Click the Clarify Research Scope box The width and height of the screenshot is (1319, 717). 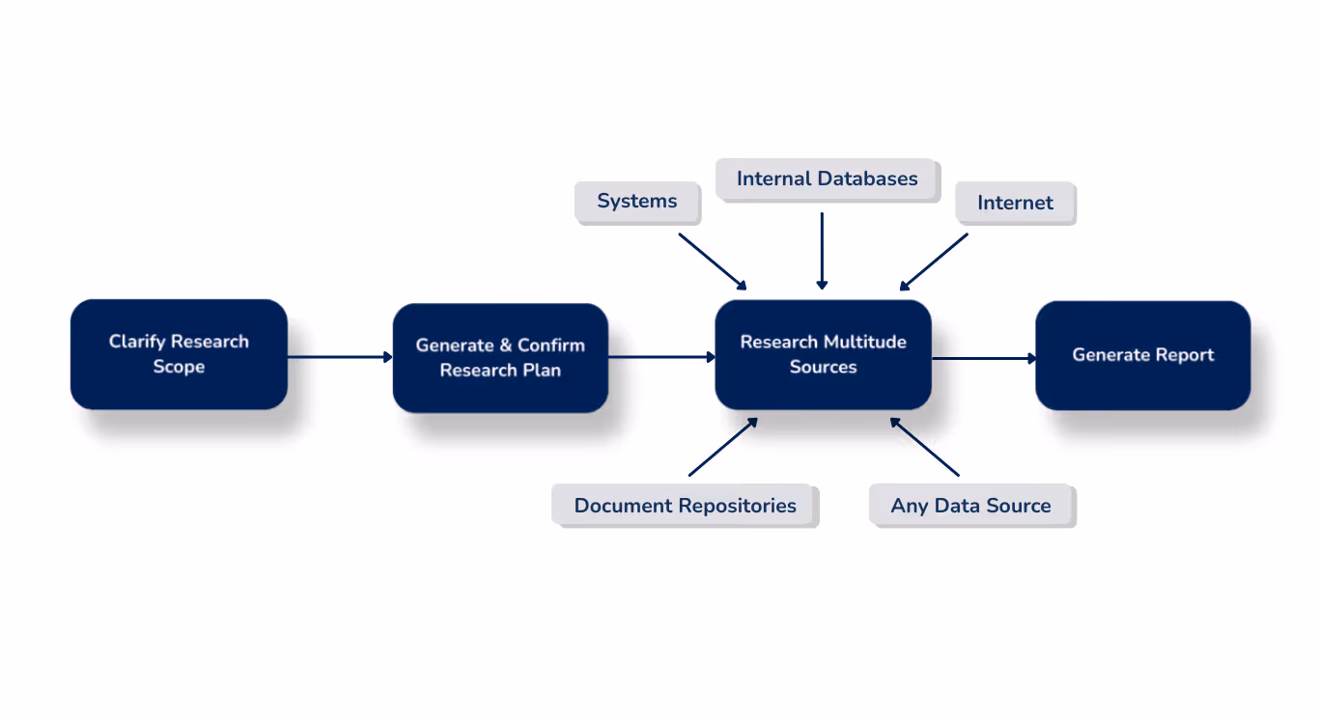coord(179,354)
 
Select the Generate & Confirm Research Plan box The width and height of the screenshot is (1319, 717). coord(500,358)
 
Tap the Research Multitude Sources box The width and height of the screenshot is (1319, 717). coord(823,354)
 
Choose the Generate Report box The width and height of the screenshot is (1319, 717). coord(1142,355)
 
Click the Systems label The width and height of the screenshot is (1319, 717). coord(637,202)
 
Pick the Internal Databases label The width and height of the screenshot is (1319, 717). coord(827,179)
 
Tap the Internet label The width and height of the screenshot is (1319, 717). coord(1015,203)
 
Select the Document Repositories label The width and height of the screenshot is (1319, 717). coord(685,506)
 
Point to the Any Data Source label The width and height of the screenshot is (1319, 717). coord(970,506)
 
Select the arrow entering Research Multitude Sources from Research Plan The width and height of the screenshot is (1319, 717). coord(661,357)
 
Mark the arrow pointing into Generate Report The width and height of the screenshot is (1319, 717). coord(983,358)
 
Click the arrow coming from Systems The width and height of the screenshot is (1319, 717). coord(713,261)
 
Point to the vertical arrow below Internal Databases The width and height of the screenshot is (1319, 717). coord(822,251)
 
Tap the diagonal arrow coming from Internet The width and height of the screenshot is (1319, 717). coord(934,261)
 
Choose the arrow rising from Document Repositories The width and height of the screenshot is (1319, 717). coord(723,447)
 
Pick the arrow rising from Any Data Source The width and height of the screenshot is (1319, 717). coord(924,447)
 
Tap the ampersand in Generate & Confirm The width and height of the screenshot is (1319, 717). coord(505,345)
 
